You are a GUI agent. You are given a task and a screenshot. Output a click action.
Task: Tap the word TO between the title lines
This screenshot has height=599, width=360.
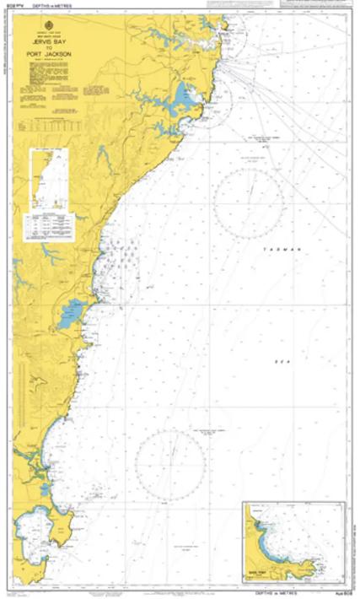(x=53, y=49)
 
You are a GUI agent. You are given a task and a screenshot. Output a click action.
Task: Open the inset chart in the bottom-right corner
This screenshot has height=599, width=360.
(x=289, y=542)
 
